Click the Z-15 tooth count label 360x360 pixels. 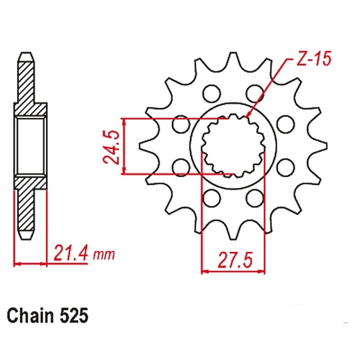pos(313,58)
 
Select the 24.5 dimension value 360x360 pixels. pos(112,147)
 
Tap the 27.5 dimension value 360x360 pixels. pos(235,260)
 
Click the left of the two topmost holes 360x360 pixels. pos(212,94)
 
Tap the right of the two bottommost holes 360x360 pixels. pos(255,198)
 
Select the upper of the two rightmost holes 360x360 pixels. pos(285,124)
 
